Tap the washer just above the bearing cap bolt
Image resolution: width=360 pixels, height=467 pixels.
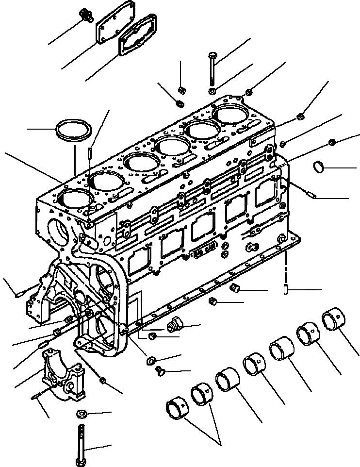81,414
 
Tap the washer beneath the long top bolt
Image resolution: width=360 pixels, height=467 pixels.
213,91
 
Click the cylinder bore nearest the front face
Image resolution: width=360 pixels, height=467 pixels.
75,199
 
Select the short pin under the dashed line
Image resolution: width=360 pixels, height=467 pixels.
286,290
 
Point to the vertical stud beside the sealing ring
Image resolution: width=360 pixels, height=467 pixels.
91,155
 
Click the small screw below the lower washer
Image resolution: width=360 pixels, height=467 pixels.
160,372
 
